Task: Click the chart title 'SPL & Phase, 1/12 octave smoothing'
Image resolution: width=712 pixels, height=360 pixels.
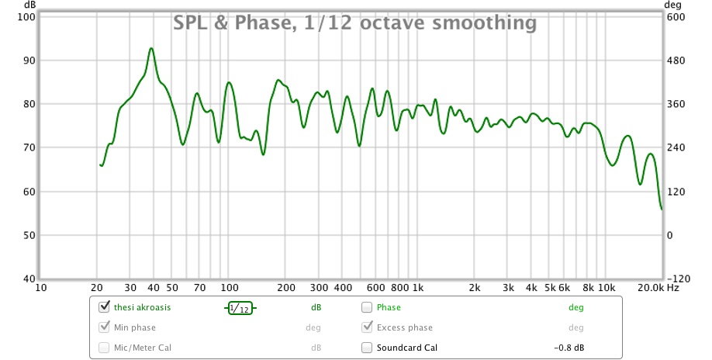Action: pyautogui.click(x=355, y=23)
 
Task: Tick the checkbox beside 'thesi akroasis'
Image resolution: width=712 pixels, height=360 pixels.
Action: pyautogui.click(x=104, y=307)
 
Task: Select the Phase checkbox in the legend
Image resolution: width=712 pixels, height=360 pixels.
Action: pyautogui.click(x=367, y=307)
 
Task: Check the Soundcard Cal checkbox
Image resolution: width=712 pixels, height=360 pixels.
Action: pyautogui.click(x=367, y=348)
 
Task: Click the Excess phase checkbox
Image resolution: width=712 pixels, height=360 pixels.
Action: pyautogui.click(x=367, y=327)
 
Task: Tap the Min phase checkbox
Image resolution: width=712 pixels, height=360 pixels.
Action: pyautogui.click(x=104, y=327)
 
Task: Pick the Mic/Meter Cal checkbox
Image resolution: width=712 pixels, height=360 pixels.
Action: pyautogui.click(x=104, y=348)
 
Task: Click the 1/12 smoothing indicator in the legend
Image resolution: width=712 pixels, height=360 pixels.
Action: pyautogui.click(x=240, y=308)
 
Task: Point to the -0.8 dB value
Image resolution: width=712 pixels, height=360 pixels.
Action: pyautogui.click(x=569, y=348)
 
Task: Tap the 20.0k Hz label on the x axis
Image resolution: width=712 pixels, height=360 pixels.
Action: pyautogui.click(x=655, y=288)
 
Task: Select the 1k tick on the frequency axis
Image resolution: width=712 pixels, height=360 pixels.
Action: pyautogui.click(x=418, y=288)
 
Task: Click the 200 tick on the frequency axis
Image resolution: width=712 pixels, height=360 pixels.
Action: pyautogui.click(x=285, y=288)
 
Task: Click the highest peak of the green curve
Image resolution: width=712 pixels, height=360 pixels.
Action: pyautogui.click(x=151, y=48)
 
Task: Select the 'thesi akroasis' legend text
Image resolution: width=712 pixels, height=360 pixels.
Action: pyautogui.click(x=142, y=307)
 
